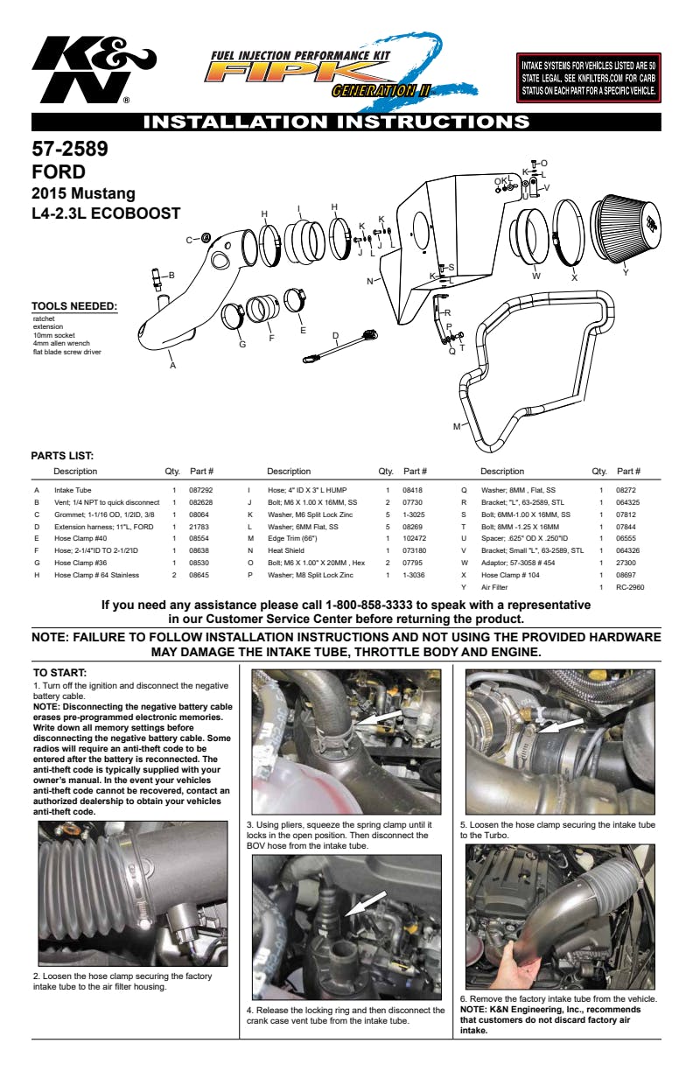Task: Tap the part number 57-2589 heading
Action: (x=70, y=150)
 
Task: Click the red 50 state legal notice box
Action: (x=588, y=78)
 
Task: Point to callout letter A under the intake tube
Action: (x=172, y=366)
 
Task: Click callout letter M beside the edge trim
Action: (x=456, y=427)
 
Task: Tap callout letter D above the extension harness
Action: (x=335, y=335)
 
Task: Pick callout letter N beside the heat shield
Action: (x=370, y=281)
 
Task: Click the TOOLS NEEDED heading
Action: (x=74, y=306)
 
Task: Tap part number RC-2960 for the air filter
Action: (x=630, y=588)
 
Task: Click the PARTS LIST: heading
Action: (x=62, y=456)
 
